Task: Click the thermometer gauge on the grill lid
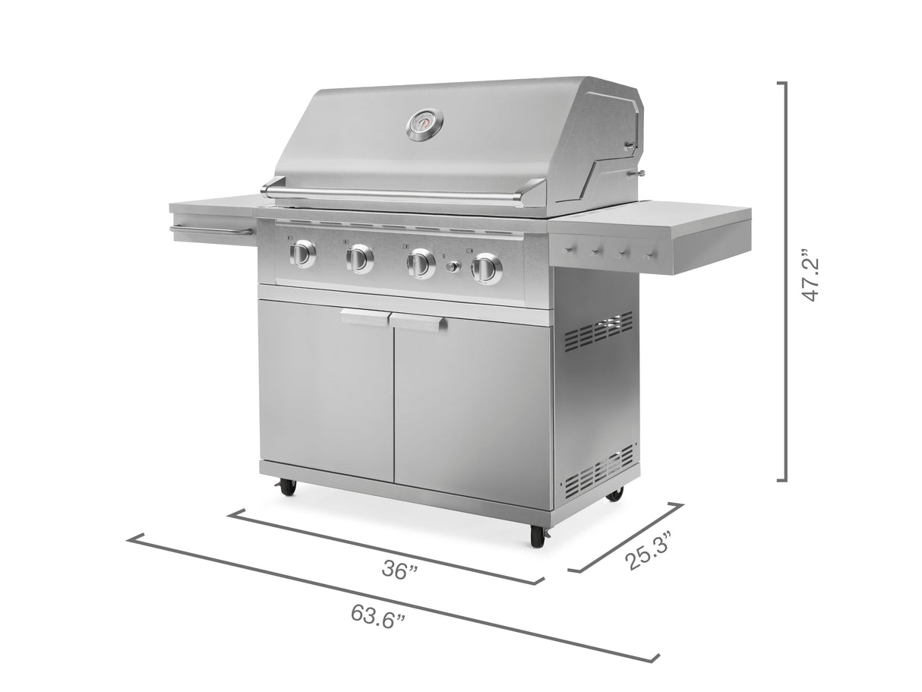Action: [424, 125]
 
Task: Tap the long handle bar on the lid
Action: [403, 194]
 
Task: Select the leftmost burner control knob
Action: [302, 254]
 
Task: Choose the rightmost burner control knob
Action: [487, 269]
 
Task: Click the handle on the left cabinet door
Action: [365, 318]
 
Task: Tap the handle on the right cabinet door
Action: [418, 323]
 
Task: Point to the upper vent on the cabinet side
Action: [598, 330]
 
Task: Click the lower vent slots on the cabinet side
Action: [599, 468]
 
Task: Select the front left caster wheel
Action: [288, 487]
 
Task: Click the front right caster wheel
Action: [538, 535]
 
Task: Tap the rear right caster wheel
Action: [614, 494]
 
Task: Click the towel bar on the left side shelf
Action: [209, 230]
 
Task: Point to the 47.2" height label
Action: [810, 278]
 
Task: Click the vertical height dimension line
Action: [785, 281]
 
